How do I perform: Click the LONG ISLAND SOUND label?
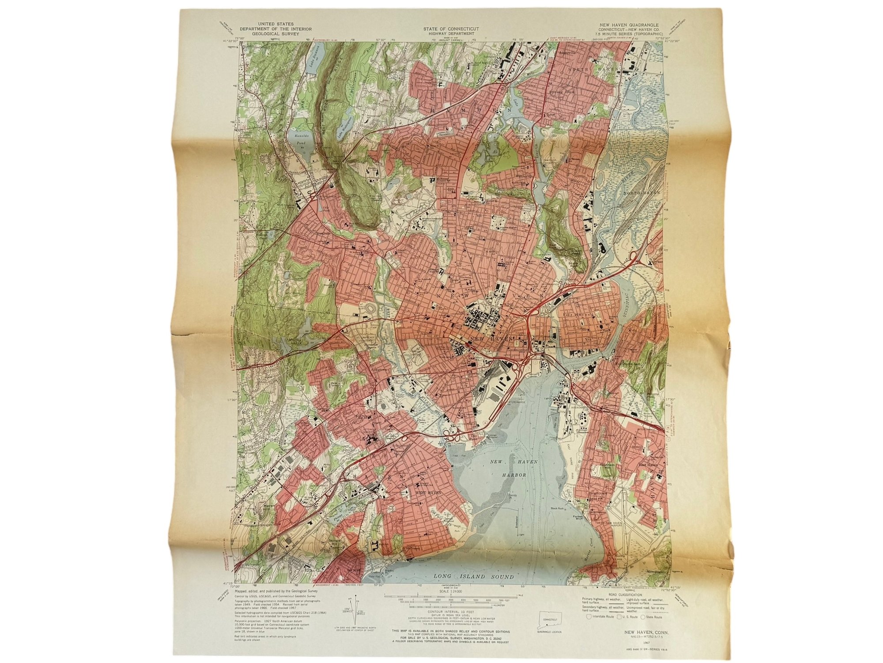[x=473, y=576]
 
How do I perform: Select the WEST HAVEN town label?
[x=425, y=492]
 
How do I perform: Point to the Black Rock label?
[x=558, y=509]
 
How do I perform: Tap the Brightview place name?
[x=597, y=493]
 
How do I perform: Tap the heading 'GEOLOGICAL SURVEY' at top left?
[x=275, y=34]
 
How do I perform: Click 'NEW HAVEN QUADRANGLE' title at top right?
[x=629, y=25]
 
